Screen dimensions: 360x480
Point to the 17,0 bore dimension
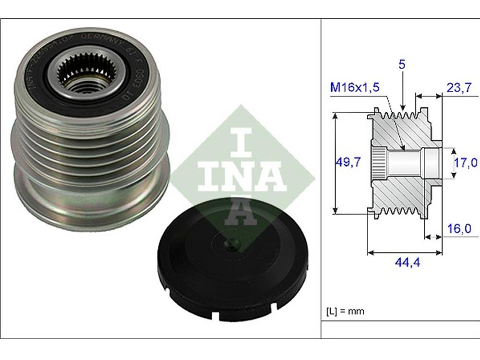(466, 163)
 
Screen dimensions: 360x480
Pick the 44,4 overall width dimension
(404, 263)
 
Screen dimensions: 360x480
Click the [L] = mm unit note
(345, 311)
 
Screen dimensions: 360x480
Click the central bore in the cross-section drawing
(406, 163)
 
